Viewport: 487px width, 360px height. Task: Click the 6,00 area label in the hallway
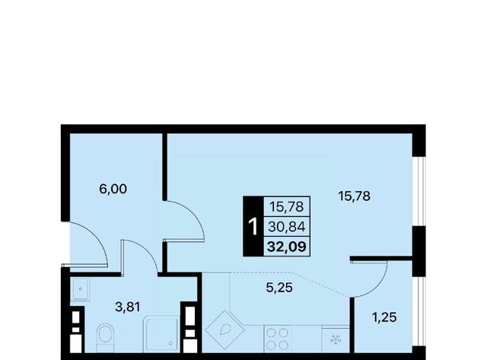tap(113, 189)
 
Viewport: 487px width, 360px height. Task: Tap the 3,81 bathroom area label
tap(128, 307)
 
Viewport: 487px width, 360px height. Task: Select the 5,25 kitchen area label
tap(279, 288)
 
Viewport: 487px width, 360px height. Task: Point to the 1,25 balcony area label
tap(384, 317)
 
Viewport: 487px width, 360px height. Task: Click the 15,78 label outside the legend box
tap(355, 196)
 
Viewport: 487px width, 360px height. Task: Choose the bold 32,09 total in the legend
tap(287, 247)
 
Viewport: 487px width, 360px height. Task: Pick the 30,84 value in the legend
tap(287, 227)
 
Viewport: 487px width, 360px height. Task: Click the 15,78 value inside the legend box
tap(287, 207)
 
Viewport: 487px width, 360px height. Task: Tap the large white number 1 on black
tap(253, 227)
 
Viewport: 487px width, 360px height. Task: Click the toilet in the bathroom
tap(104, 338)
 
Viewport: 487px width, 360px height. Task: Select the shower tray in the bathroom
tap(161, 334)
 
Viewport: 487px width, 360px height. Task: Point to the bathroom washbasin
tap(80, 289)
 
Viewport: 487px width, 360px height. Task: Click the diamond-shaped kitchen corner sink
tap(224, 330)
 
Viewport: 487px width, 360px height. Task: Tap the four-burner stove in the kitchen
tap(278, 339)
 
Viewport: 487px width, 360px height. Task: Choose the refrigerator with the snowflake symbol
tap(336, 339)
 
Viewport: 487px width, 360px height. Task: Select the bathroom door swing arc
tap(148, 251)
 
